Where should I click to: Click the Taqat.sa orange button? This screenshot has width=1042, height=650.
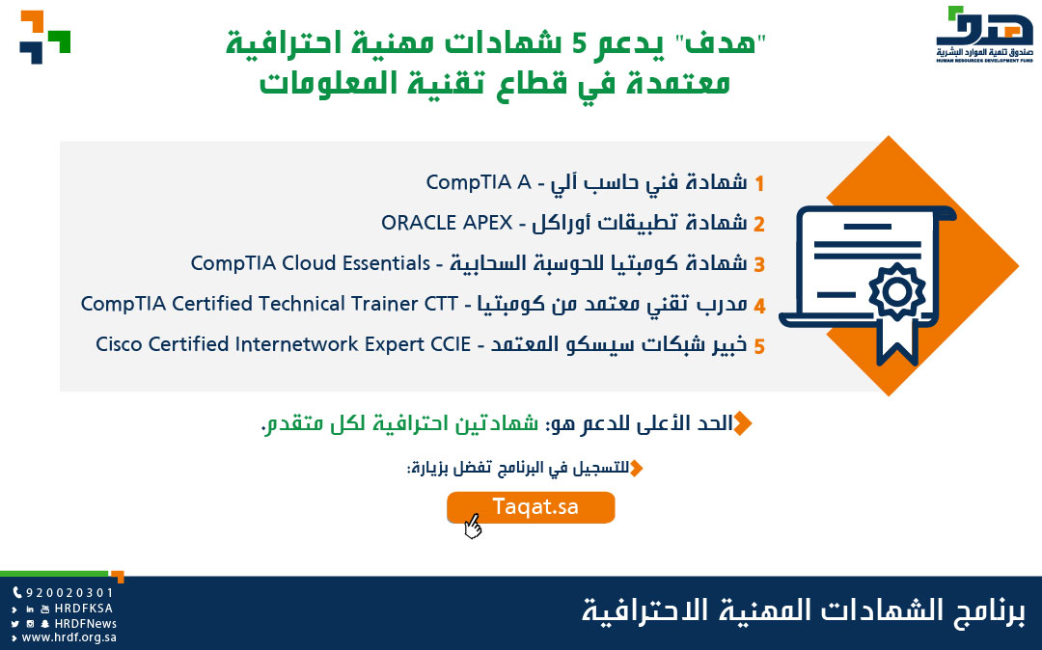(531, 507)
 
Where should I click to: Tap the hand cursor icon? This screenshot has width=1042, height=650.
(473, 527)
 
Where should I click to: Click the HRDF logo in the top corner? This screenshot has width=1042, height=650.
(984, 34)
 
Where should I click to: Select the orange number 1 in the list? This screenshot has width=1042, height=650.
(759, 183)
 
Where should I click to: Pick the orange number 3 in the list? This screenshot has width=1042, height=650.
(759, 265)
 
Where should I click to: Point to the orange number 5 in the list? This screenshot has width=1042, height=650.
(759, 346)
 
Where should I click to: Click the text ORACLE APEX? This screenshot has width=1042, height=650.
(447, 223)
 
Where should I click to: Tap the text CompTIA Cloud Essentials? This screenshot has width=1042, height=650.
(311, 263)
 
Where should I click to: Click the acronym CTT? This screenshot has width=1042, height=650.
(441, 304)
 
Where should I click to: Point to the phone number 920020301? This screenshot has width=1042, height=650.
(69, 593)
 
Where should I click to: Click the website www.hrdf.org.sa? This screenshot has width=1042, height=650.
(69, 637)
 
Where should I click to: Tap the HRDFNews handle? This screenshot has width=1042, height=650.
(86, 623)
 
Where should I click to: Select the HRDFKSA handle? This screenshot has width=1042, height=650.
(84, 609)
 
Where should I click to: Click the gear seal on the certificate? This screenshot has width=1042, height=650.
(897, 291)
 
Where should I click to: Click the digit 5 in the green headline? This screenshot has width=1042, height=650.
(580, 43)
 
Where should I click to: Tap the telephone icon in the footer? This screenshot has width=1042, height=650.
(17, 593)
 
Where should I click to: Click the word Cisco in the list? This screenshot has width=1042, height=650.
(119, 344)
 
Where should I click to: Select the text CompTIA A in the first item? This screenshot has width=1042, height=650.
(479, 182)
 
